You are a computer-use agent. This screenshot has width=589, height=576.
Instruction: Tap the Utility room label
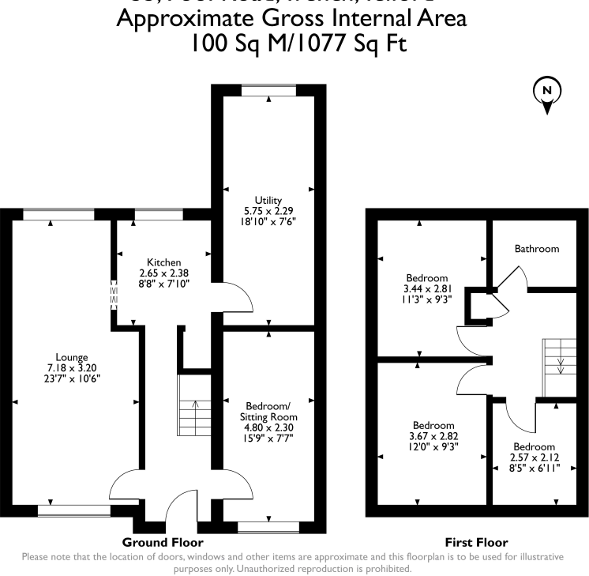pyautogui.click(x=268, y=201)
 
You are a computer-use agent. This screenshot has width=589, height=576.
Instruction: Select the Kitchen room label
pyautogui.click(x=164, y=262)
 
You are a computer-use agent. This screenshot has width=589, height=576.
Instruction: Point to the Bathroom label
pyautogui.click(x=537, y=249)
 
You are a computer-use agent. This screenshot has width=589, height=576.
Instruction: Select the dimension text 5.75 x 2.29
pyautogui.click(x=268, y=212)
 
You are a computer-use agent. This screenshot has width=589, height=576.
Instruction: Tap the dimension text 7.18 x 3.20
pyautogui.click(x=72, y=367)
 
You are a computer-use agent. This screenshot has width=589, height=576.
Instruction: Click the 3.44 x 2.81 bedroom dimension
pyautogui.click(x=427, y=289)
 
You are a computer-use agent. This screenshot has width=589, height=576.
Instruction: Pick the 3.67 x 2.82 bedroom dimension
pyautogui.click(x=433, y=435)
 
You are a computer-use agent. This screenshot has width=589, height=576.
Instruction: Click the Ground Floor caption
pyautogui.click(x=163, y=543)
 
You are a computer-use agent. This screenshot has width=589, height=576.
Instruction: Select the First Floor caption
pyautogui.click(x=476, y=543)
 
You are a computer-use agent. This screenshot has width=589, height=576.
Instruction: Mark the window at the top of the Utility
pyautogui.click(x=268, y=91)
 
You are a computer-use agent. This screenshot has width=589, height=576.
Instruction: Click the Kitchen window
pyautogui.click(x=157, y=213)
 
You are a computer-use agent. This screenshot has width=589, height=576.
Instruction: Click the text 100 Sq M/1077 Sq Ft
pyautogui.click(x=298, y=44)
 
